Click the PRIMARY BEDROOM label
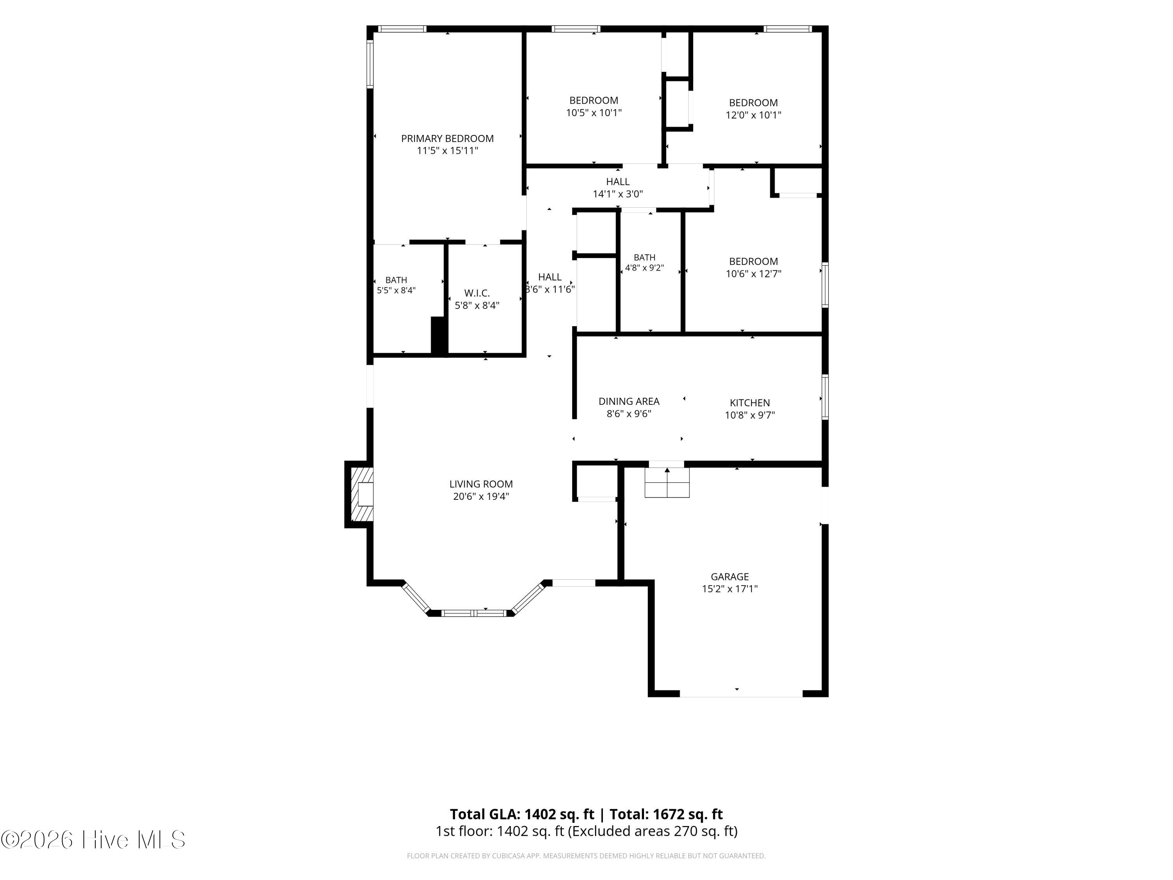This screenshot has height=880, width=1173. tap(447, 138)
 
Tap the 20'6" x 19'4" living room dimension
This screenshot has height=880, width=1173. tap(481, 496)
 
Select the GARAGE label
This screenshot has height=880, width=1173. tap(730, 576)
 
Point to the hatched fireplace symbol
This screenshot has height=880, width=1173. tap(360, 494)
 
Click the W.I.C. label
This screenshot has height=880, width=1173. tap(477, 293)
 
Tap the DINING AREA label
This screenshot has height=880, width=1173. tap(629, 402)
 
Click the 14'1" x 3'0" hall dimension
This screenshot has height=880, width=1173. tap(618, 194)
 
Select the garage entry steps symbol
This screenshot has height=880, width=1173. tap(667, 483)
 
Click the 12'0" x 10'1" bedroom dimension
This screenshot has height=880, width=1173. tap(753, 115)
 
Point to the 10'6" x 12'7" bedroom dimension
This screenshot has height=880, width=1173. tap(753, 274)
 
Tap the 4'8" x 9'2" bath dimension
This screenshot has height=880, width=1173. tap(644, 268)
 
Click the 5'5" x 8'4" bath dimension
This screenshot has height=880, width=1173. tap(396, 291)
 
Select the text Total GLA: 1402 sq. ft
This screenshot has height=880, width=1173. tap(522, 814)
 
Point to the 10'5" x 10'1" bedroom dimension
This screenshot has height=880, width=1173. tap(594, 113)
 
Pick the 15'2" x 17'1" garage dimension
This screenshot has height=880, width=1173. tap(730, 589)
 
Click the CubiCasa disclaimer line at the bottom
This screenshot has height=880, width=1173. tap(586, 856)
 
